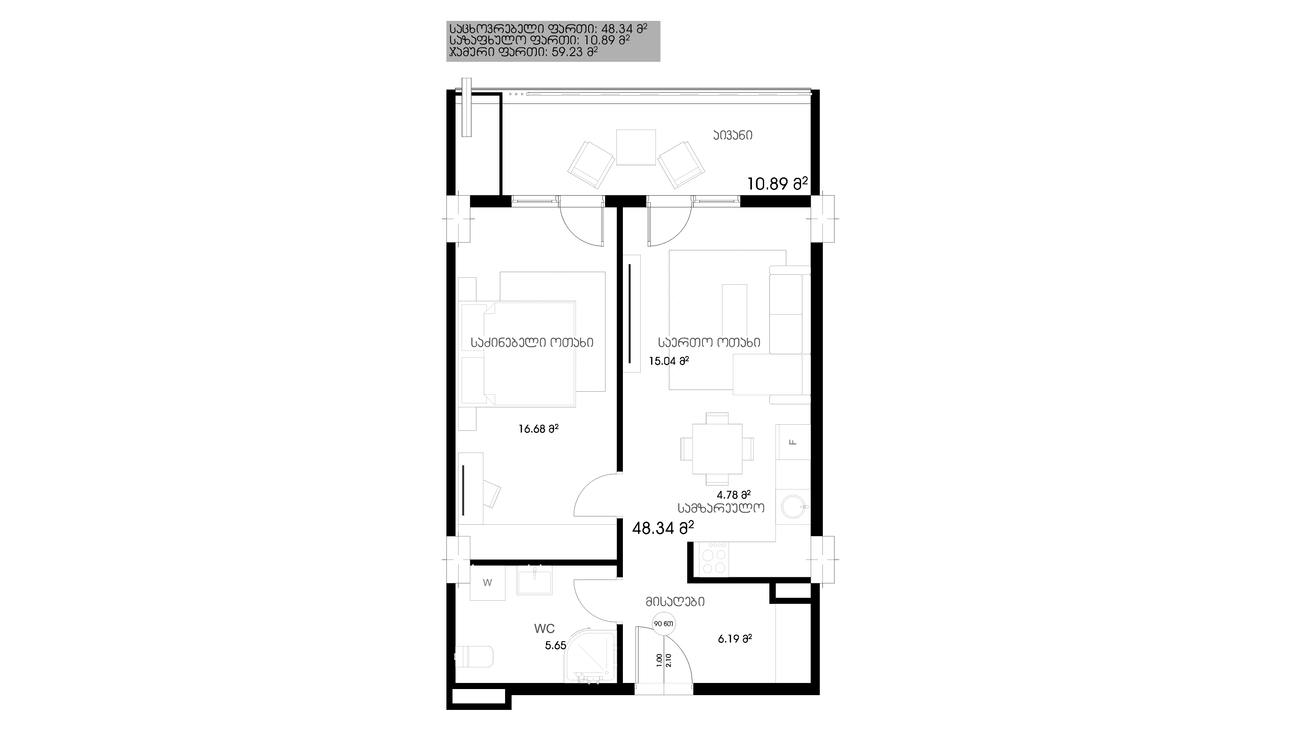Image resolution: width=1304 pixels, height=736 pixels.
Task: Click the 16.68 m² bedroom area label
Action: coord(538,429)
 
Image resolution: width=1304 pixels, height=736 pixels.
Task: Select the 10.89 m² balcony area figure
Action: coord(778,183)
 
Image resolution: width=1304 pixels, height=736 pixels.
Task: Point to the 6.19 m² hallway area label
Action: coord(735,639)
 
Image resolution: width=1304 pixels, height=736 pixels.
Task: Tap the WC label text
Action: coord(544,629)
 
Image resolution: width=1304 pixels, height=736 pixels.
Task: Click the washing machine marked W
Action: coord(488,583)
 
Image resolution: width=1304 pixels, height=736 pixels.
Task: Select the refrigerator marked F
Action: coord(793,442)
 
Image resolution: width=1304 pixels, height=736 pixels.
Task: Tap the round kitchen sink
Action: coord(794,507)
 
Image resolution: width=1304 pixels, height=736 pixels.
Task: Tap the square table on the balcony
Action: coord(636,147)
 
